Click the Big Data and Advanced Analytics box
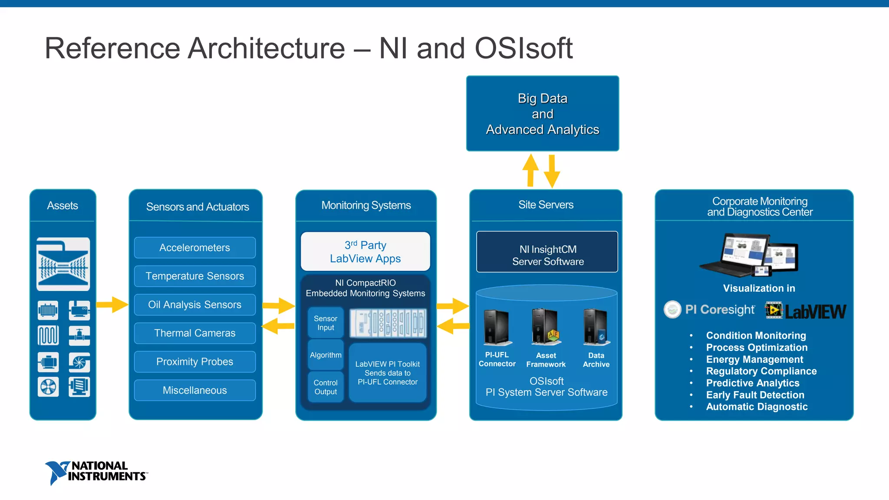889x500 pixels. pyautogui.click(x=542, y=114)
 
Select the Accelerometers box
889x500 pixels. pyautogui.click(x=194, y=248)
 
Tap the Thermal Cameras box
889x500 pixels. pyautogui.click(x=194, y=333)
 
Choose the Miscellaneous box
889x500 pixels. pyautogui.click(x=194, y=390)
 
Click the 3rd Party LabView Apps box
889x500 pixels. pyautogui.click(x=365, y=252)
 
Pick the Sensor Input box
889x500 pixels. pyautogui.click(x=326, y=323)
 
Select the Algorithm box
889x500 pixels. pyautogui.click(x=326, y=355)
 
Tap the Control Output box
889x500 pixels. pyautogui.click(x=326, y=387)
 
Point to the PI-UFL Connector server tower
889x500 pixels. pyautogui.click(x=497, y=327)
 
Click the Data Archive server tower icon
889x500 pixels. pyautogui.click(x=595, y=327)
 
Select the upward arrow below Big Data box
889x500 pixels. pyautogui.click(x=530, y=170)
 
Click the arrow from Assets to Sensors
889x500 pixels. pyautogui.click(x=112, y=304)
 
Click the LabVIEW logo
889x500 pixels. pyautogui.click(x=805, y=311)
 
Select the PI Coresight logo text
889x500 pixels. pyautogui.click(x=719, y=309)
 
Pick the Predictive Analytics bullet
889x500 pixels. pyautogui.click(x=752, y=383)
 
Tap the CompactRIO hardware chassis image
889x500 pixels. pyautogui.click(x=388, y=323)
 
